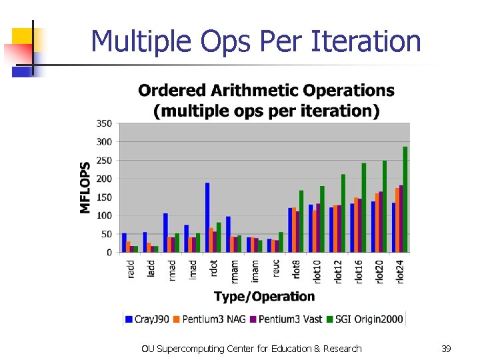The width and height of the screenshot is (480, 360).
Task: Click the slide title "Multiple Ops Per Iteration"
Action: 256,41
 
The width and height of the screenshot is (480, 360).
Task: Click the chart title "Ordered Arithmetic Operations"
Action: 266,90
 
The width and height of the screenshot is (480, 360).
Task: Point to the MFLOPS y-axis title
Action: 85,187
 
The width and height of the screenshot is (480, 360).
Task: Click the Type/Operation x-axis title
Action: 264,296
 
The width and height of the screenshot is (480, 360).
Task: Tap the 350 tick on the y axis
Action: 103,123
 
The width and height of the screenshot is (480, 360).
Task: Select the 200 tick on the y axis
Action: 103,179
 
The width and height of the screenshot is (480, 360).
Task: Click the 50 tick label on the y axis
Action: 106,234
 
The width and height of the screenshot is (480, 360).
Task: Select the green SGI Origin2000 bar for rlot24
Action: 405,199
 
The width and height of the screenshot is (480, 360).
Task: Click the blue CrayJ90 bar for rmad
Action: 165,233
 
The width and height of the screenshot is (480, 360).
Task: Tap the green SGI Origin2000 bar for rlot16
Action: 363,207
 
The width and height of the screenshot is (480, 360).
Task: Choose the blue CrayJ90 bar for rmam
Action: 228,235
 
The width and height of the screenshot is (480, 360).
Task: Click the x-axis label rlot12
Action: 338,271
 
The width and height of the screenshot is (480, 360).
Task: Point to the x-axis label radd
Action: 131,269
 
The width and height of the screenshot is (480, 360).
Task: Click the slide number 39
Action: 446,349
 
